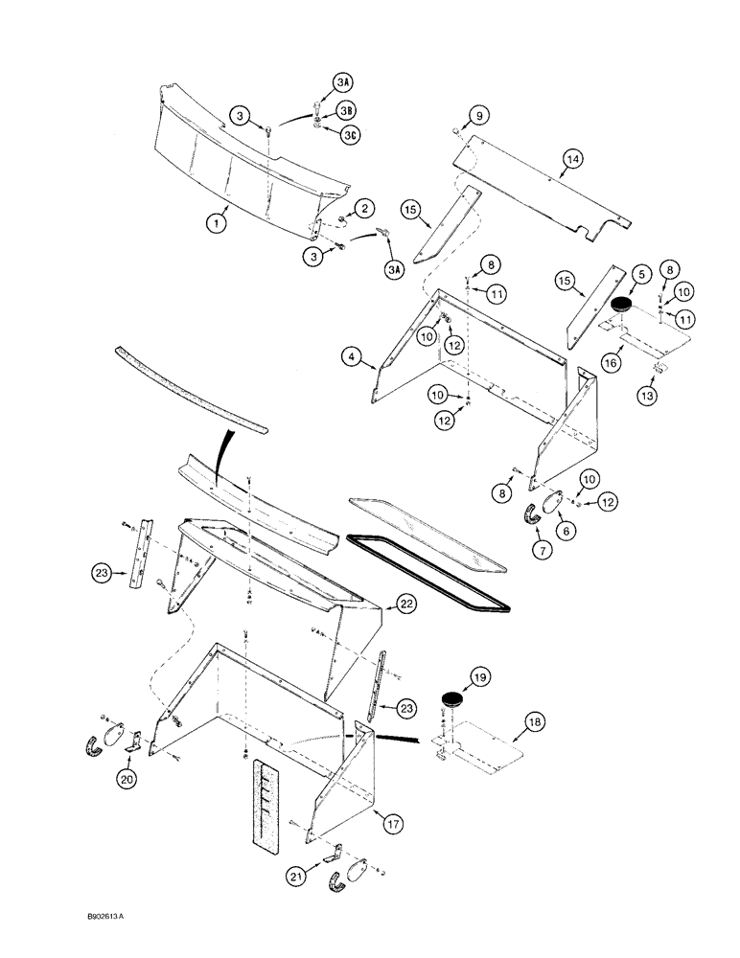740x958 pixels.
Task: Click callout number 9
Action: (x=477, y=117)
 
